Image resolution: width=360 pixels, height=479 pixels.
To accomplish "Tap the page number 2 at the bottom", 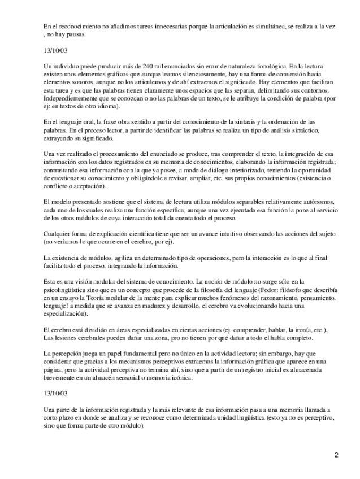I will pos(336,455).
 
